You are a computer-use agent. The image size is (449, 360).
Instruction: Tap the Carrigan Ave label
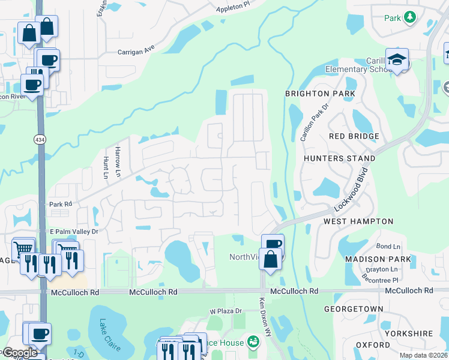tap(137, 52)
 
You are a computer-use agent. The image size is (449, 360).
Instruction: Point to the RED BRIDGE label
tap(354, 136)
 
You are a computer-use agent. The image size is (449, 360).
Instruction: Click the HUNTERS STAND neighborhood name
tap(339, 158)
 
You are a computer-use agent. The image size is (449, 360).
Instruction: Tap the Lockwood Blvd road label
tap(352, 191)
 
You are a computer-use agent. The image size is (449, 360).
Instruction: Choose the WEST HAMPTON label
tap(358, 221)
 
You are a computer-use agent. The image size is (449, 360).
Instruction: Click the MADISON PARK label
tap(378, 259)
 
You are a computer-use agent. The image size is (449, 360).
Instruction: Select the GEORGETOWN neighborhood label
tap(354, 308)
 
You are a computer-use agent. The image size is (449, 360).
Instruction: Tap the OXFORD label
tap(373, 345)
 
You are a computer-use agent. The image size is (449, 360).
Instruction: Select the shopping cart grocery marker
tap(23, 248)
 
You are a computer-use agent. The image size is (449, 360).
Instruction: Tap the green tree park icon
tap(410, 17)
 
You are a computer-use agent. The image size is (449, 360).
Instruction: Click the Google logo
tap(19, 353)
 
